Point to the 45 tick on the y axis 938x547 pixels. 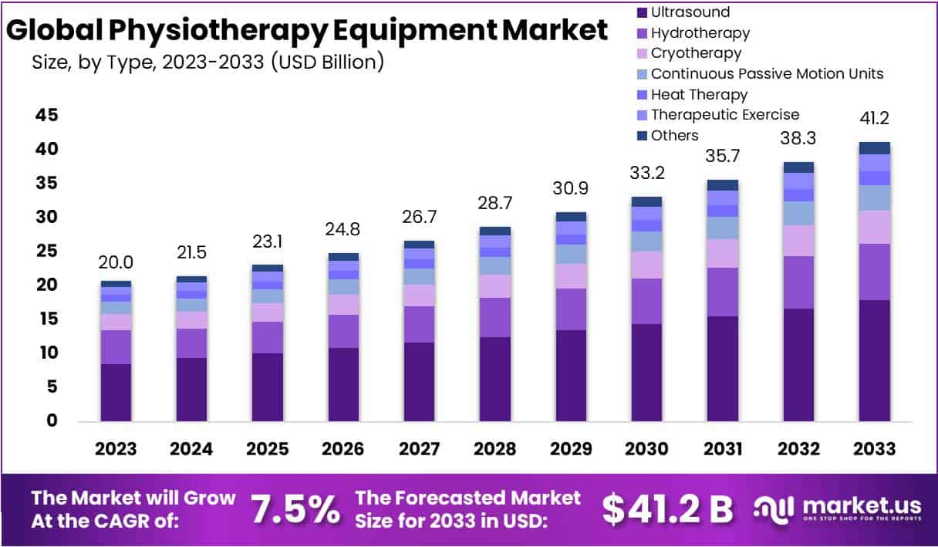[46, 115]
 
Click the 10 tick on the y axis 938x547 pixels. [46, 353]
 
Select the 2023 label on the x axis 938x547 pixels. [116, 449]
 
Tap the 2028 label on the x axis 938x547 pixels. [494, 449]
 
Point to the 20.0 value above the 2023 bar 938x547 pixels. [116, 263]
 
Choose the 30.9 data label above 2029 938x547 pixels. [571, 189]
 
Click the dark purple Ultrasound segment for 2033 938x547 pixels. [874, 360]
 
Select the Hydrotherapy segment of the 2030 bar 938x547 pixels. [646, 301]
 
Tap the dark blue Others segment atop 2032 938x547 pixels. [798, 167]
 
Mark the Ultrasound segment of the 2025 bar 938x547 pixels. [267, 387]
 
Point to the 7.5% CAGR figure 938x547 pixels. [295, 508]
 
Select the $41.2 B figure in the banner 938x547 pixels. [667, 508]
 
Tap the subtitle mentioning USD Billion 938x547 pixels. [208, 62]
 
